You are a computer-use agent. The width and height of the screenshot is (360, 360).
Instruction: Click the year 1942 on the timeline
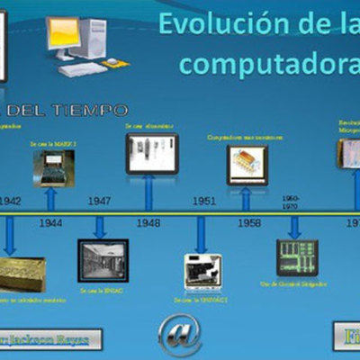[x=12, y=201]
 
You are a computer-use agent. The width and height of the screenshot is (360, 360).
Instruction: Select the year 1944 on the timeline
[x=51, y=221]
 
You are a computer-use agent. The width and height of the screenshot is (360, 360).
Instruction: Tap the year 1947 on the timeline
[x=99, y=201]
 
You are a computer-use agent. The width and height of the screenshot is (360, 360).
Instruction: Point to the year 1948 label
[x=148, y=221]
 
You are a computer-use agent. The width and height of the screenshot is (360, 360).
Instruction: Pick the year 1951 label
[x=204, y=201]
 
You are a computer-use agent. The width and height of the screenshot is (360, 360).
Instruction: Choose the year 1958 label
[x=249, y=221]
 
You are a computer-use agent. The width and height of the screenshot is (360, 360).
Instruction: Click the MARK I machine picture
[x=54, y=167]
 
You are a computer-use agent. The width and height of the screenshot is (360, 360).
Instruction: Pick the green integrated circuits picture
[x=296, y=257]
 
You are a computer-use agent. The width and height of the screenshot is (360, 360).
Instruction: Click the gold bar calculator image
[x=22, y=273]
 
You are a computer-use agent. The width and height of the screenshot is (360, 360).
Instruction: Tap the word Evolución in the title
[x=225, y=23]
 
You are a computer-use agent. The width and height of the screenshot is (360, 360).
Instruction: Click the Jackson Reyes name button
[x=51, y=339]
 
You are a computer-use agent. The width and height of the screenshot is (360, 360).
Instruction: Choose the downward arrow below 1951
[x=202, y=236]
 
